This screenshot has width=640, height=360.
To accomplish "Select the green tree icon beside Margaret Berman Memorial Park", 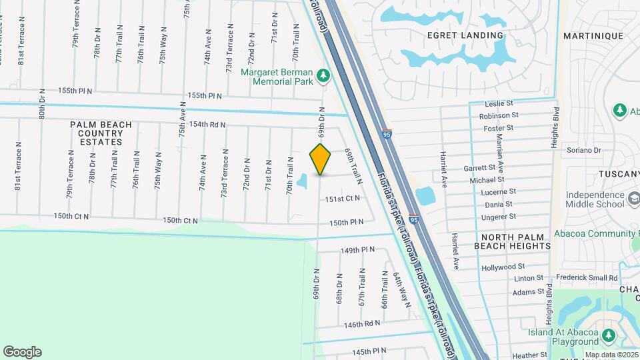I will tap(323, 76).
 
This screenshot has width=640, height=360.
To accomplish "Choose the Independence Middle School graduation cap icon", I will tap(632, 199).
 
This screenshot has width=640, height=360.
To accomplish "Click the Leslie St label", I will tap(499, 104).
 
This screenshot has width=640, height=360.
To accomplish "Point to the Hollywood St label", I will tap(503, 267).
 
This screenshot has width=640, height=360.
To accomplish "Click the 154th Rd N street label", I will tap(207, 125).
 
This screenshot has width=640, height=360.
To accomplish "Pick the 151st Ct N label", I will tap(343, 199).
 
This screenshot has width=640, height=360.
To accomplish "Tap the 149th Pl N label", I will tap(359, 250).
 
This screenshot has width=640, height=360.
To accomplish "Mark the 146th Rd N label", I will tap(362, 323).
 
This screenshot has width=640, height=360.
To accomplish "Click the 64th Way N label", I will tap(402, 289).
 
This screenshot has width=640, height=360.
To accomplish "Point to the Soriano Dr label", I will tap(583, 150).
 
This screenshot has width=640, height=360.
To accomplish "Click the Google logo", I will tap(22, 351).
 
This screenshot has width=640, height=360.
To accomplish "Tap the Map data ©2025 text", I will tap(612, 355).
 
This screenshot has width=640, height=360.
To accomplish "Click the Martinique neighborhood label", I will tap(593, 36).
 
